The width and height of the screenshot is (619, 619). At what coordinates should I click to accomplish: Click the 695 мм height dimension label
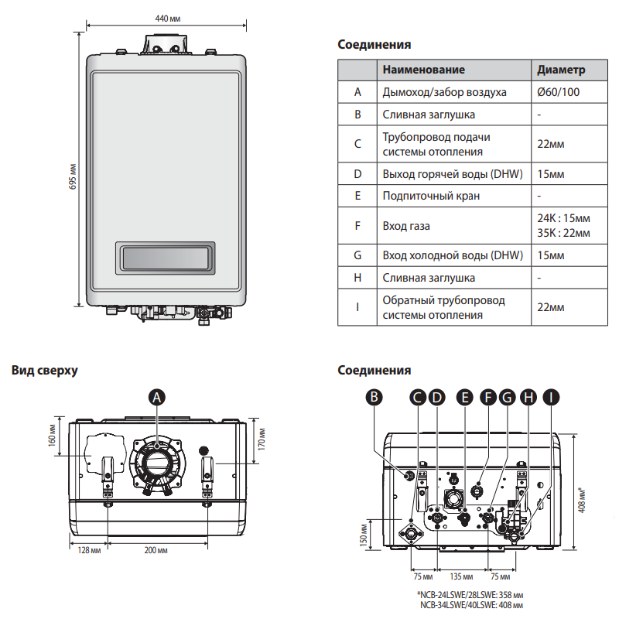click(74, 176)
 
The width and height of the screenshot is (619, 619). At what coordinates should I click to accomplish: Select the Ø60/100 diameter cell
click(559, 92)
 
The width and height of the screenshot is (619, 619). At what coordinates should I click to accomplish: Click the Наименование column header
click(423, 70)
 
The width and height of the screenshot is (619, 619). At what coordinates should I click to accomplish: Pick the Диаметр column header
click(561, 70)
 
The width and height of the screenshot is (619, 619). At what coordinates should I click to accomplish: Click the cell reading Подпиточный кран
click(431, 196)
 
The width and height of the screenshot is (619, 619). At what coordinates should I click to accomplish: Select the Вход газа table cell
click(406, 226)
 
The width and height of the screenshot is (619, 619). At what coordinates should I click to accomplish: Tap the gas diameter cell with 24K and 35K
click(563, 226)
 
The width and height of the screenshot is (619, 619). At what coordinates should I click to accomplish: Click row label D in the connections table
click(357, 173)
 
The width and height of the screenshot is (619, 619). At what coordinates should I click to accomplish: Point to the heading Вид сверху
click(45, 371)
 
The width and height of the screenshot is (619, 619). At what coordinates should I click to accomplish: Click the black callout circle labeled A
click(157, 397)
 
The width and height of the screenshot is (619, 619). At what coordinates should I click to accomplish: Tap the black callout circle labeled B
click(374, 397)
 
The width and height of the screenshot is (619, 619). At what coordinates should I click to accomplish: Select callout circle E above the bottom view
click(464, 397)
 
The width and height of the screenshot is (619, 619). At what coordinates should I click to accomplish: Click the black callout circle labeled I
click(550, 397)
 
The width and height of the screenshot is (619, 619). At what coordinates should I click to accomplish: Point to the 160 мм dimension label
click(53, 440)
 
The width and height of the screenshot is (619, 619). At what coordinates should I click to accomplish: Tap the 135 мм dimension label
click(462, 576)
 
